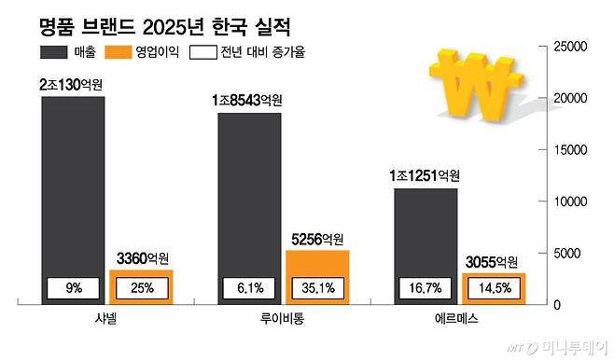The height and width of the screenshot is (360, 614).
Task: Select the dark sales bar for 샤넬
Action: click(x=72, y=187)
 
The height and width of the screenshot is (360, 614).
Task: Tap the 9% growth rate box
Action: click(x=74, y=289)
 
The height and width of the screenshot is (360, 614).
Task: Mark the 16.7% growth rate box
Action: click(x=426, y=289)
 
